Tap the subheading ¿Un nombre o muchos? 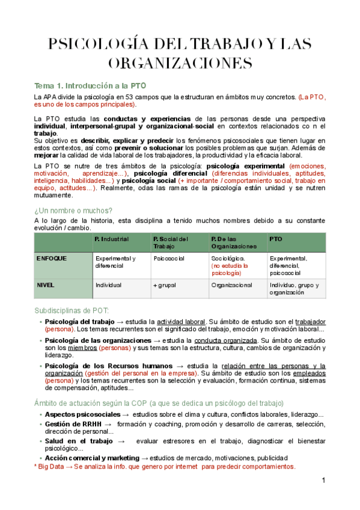pos(73,210)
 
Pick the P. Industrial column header pos(112,239)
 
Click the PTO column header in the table pos(276,239)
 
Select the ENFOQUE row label pos(52,258)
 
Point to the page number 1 pos(323,481)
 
